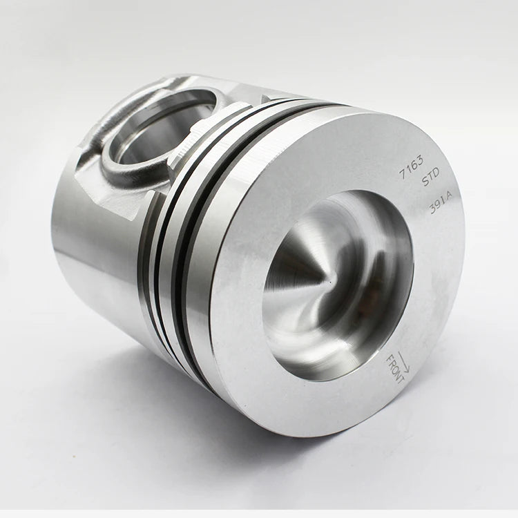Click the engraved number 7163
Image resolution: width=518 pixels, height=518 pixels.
pyautogui.click(x=411, y=168)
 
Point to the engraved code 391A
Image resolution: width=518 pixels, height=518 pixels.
pyautogui.click(x=441, y=203)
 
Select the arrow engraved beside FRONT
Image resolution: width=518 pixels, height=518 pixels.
pyautogui.click(x=404, y=362)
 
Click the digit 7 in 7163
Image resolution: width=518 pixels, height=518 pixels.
pyautogui.click(x=402, y=174)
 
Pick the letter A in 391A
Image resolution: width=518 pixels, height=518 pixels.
pyautogui.click(x=449, y=197)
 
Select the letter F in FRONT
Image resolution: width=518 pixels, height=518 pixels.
pyautogui.click(x=390, y=358)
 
